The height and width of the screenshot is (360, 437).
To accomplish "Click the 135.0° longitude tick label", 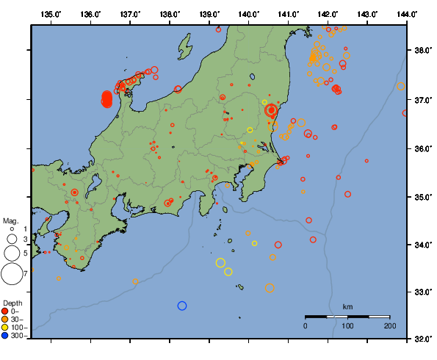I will coord(51,14).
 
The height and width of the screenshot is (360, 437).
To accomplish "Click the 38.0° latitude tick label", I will coord(421,51).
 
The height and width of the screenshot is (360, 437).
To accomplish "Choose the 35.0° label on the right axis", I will coord(421,197).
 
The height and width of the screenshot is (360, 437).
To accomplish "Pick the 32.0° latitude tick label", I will coord(421,339).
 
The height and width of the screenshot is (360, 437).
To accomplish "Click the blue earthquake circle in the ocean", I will coord(182,306).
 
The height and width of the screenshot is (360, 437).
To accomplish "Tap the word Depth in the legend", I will coord(12,303).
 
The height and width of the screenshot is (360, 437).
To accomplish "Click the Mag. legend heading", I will coord(10,220).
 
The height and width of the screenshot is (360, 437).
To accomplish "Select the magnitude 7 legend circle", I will coord(11,274).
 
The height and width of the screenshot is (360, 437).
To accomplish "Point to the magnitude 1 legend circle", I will coord(12,229).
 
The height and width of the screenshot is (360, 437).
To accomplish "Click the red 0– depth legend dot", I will coord(5,311).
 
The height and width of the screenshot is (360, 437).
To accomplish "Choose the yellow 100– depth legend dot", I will coord(5,328).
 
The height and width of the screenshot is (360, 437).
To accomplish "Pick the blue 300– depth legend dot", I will coord(5,336).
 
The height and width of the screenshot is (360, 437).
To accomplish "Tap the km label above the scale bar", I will coord(347,306).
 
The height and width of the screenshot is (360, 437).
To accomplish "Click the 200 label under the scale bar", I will coord(390,325).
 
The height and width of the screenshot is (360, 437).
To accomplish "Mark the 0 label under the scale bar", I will coord(306,325).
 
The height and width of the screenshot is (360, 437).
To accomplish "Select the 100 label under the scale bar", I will coord(347,325).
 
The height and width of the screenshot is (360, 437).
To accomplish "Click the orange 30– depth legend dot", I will coord(5,319).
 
